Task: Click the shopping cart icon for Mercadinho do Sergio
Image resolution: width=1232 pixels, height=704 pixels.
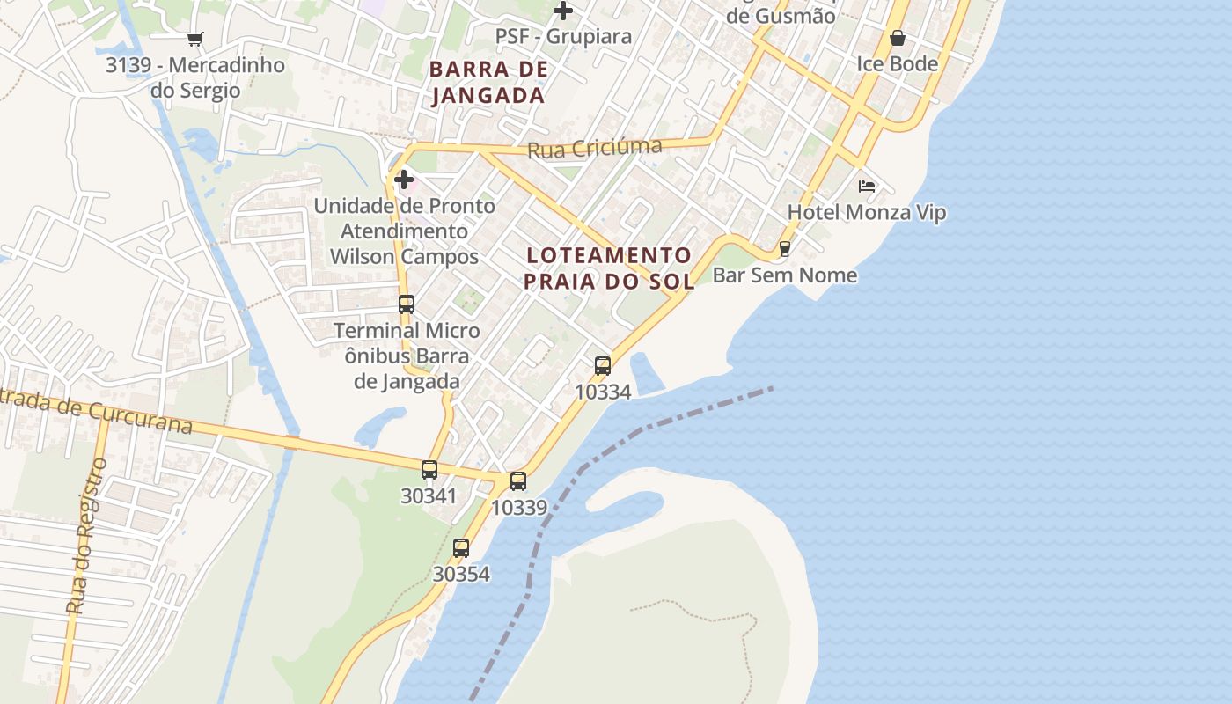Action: (x=194, y=39)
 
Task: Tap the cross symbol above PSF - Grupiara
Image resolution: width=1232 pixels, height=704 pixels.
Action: (x=563, y=11)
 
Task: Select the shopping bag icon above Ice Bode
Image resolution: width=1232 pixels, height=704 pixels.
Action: (x=898, y=38)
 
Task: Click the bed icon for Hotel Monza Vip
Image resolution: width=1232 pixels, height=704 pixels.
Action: (x=867, y=186)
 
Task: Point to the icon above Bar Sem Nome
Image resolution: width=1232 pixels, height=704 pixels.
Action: (x=784, y=249)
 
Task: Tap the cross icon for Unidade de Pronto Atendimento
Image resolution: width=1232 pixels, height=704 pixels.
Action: (x=404, y=180)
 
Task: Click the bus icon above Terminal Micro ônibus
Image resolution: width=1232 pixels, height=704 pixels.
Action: (x=406, y=304)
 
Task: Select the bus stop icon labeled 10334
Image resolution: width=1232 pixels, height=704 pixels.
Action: (x=603, y=365)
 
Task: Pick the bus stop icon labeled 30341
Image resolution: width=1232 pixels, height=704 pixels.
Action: (x=429, y=470)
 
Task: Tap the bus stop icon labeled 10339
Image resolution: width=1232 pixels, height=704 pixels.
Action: (x=518, y=481)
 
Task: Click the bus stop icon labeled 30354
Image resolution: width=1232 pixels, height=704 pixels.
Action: (x=461, y=548)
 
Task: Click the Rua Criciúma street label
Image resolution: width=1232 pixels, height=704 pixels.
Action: (x=594, y=148)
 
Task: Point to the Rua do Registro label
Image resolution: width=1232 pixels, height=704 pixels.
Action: (x=86, y=537)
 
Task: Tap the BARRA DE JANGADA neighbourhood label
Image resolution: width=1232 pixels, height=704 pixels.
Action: (x=488, y=82)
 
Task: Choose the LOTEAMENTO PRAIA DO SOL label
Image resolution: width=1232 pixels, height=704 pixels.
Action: (x=610, y=268)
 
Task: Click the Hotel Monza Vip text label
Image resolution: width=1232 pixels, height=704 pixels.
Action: (x=866, y=212)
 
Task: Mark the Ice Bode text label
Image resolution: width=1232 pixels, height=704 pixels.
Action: (x=898, y=64)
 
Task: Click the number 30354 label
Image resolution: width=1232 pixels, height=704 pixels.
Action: (x=461, y=574)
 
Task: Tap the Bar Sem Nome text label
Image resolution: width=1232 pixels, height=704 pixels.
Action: (x=784, y=275)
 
